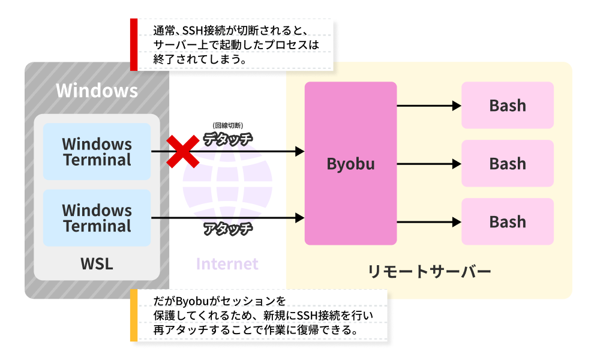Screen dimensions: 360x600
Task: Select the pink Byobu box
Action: pyautogui.click(x=350, y=163)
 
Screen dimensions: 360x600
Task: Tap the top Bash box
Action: pyautogui.click(x=508, y=105)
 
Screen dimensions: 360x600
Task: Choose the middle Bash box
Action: pyautogui.click(x=508, y=163)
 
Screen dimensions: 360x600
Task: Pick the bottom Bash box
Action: pyautogui.click(x=508, y=221)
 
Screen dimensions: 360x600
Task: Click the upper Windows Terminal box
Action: pyautogui.click(x=97, y=152)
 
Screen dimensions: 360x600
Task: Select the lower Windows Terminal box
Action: pyautogui.click(x=97, y=218)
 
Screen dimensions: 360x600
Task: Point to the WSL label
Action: pyautogui.click(x=97, y=264)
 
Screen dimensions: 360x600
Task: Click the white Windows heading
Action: pyautogui.click(x=97, y=91)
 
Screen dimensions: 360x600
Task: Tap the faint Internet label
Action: pyautogui.click(x=227, y=264)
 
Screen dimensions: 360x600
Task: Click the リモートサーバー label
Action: pyautogui.click(x=430, y=272)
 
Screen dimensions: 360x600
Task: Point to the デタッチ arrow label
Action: pyautogui.click(x=227, y=139)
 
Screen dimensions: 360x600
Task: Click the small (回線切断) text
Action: pyautogui.click(x=227, y=126)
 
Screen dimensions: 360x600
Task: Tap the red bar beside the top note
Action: pyautogui.click(x=134, y=44)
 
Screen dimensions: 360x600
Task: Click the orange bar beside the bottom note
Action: pyautogui.click(x=134, y=316)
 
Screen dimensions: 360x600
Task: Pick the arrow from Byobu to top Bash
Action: pyautogui.click(x=428, y=106)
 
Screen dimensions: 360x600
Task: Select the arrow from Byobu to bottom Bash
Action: pyautogui.click(x=428, y=222)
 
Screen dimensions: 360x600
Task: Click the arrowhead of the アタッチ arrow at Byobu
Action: pyautogui.click(x=301, y=218)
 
